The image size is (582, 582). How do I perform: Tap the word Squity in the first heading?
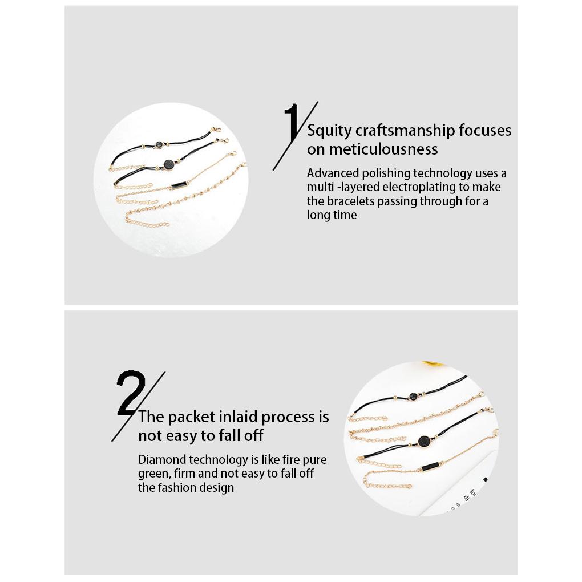point(329,131)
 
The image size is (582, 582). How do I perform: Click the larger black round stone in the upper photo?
point(168,165)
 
